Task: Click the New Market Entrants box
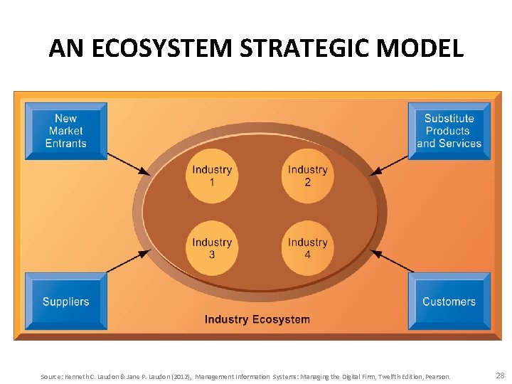coord(65,131)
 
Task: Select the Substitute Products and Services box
coord(449,131)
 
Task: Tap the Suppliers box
coord(65,301)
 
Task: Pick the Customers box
coord(449,301)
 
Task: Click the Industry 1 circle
coord(211,175)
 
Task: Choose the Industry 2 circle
coord(307,175)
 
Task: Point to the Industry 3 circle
coord(211,248)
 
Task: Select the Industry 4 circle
coord(307,248)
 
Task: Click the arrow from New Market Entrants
coord(129,163)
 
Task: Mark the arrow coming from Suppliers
coord(129,262)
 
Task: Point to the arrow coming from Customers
coord(390,261)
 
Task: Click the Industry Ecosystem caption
coord(257,319)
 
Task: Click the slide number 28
coord(500,375)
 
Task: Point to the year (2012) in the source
coord(180,376)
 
